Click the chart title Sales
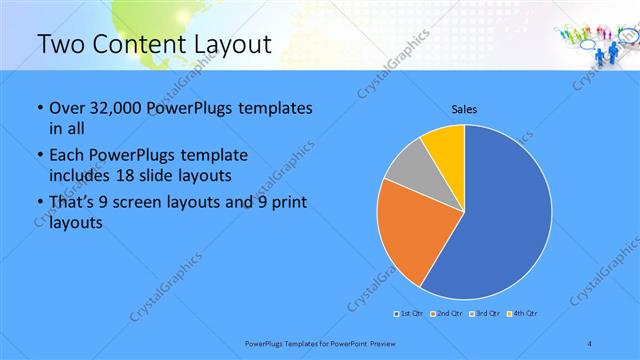pyautogui.click(x=464, y=109)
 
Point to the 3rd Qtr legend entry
pyautogui.click(x=484, y=314)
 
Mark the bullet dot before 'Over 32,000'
pyautogui.click(x=39, y=108)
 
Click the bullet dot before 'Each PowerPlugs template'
pyautogui.click(x=39, y=156)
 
